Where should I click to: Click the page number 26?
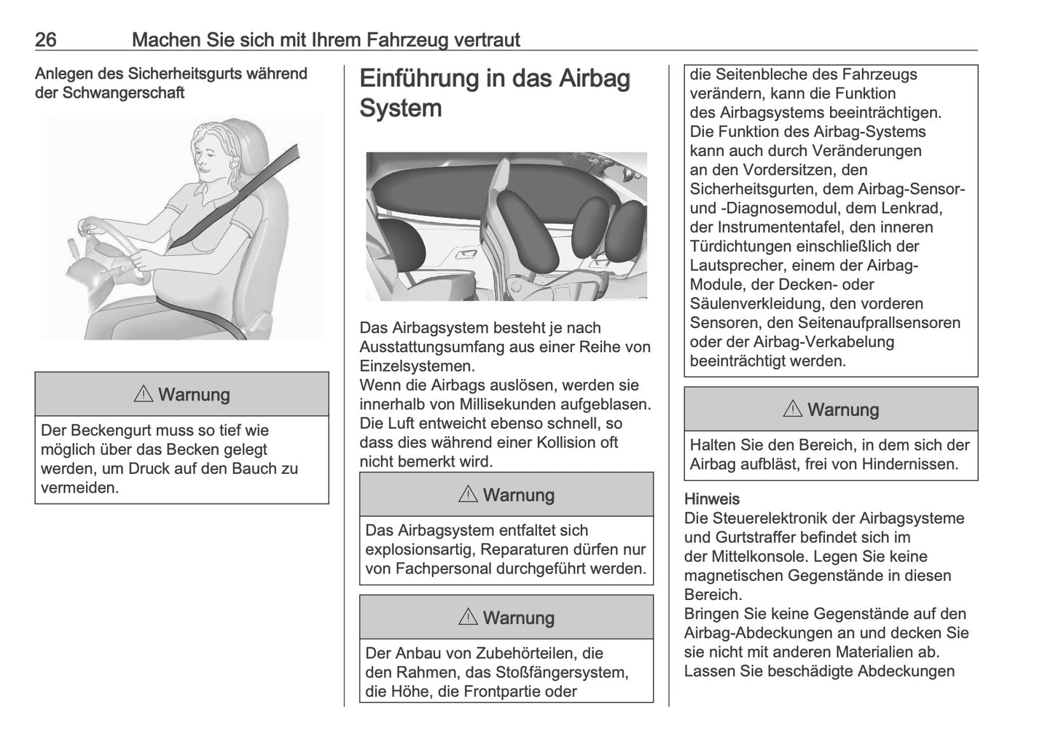[45, 39]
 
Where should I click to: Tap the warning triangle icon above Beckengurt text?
[144, 395]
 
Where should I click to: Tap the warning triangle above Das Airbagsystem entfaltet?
[468, 496]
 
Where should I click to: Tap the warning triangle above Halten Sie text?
[792, 410]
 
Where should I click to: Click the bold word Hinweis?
[711, 499]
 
